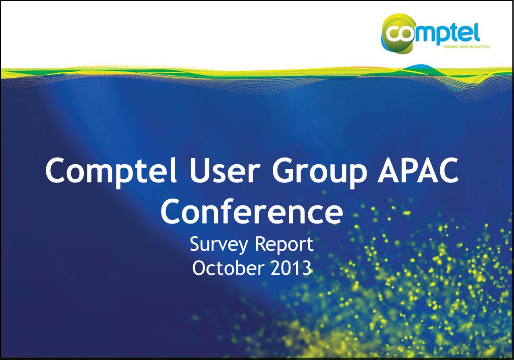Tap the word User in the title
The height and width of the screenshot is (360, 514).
(225, 171)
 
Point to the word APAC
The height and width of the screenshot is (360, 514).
(418, 171)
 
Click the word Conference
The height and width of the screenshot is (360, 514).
(251, 211)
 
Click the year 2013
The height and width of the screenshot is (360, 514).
(291, 268)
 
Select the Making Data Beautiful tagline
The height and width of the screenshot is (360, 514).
(467, 47)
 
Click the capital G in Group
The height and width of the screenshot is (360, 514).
(283, 171)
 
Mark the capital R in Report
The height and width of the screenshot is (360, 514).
(261, 244)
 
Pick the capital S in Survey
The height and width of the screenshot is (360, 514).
(195, 244)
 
